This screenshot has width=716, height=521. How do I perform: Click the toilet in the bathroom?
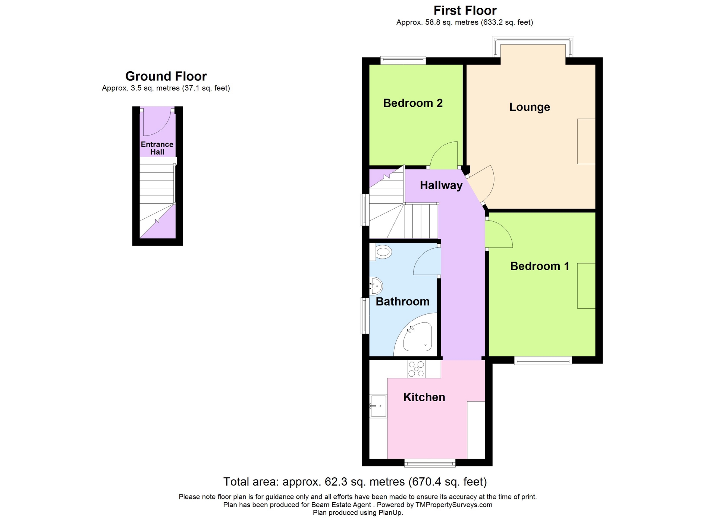(380, 252)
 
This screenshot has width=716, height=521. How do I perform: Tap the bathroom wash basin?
(376, 286)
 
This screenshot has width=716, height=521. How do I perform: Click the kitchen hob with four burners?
(416, 369)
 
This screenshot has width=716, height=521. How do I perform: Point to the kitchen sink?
(378, 406)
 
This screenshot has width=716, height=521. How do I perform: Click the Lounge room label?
(530, 107)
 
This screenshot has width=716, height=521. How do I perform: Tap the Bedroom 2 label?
(413, 103)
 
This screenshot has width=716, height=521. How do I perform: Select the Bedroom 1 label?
(540, 266)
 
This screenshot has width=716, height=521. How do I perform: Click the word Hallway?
(441, 185)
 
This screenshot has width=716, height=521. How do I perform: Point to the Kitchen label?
(424, 397)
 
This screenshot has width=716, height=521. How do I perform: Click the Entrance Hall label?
(157, 148)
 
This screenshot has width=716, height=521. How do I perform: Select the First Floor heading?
(465, 10)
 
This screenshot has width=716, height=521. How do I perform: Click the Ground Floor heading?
(166, 76)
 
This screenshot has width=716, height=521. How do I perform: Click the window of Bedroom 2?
(403, 60)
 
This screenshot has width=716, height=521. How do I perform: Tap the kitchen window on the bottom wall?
(430, 463)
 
